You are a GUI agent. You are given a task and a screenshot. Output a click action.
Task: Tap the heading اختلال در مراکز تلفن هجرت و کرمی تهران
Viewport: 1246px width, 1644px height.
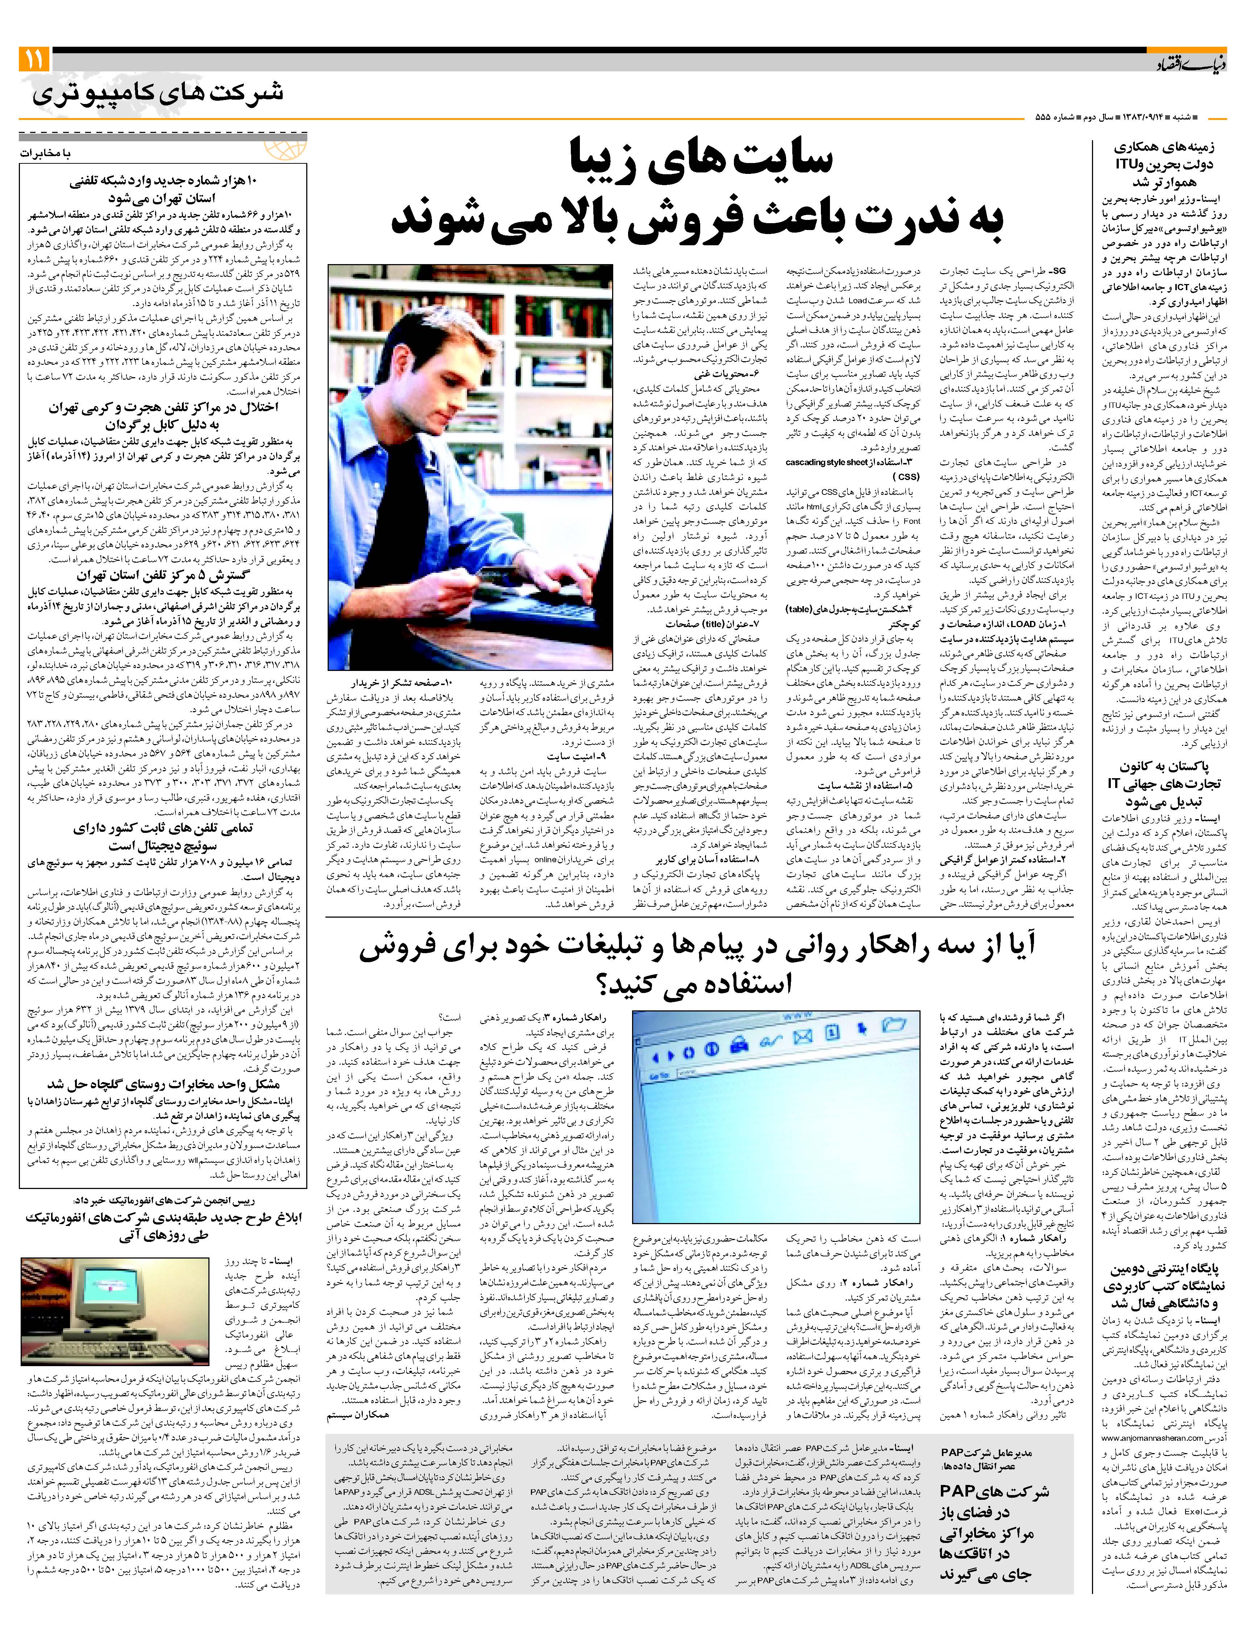tap(163, 416)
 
